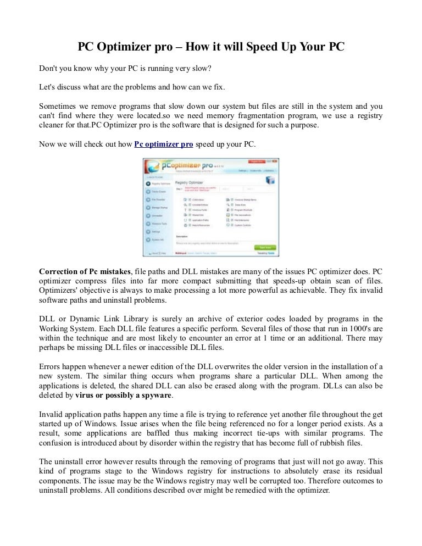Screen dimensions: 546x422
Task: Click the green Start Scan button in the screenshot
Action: coord(262,247)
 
